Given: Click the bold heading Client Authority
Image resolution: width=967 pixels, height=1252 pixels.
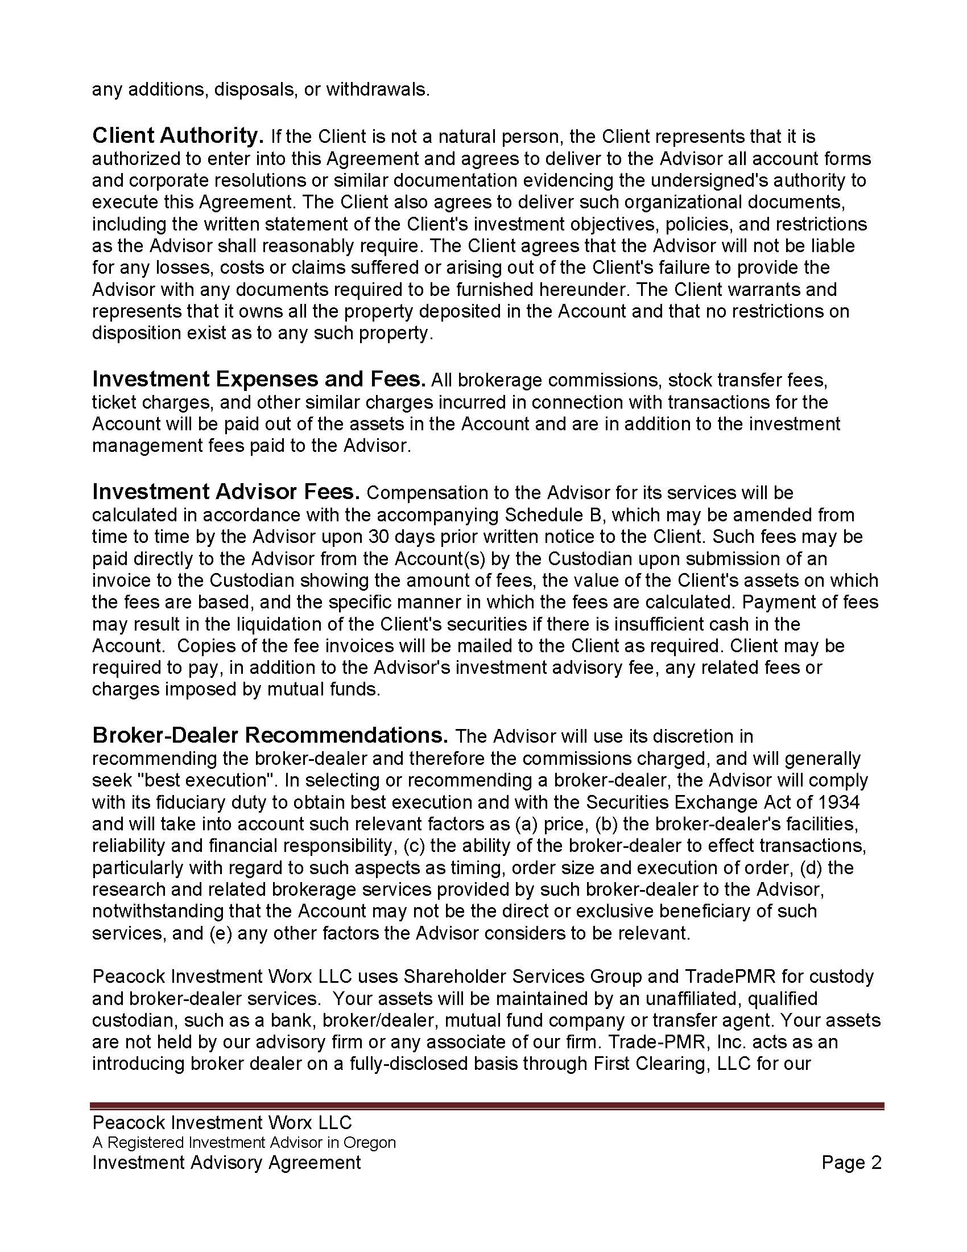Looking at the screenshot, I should click(x=177, y=136).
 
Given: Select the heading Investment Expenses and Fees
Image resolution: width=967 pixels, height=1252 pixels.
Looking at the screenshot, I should click(x=259, y=380).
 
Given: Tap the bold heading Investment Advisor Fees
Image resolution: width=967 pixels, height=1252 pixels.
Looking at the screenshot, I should click(x=226, y=492).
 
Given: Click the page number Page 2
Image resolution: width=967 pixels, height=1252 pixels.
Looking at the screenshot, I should click(x=852, y=1163).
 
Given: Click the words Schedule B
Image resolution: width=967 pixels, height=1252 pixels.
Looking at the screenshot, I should click(x=551, y=515).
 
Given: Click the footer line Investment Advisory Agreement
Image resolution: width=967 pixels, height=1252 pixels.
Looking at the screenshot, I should click(x=227, y=1163).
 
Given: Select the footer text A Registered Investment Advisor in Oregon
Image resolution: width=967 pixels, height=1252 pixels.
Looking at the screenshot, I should click(x=244, y=1143).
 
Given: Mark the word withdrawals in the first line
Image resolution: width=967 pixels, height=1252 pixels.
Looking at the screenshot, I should click(x=378, y=90).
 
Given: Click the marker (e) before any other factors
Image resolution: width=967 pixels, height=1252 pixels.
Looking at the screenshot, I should click(x=220, y=933).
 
